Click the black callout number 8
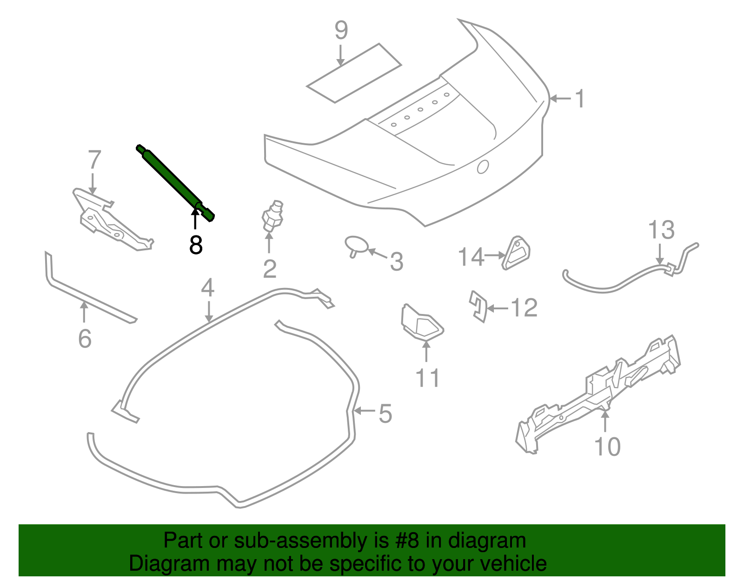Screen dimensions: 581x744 pyautogui.click(x=196, y=245)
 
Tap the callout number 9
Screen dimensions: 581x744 pyautogui.click(x=341, y=30)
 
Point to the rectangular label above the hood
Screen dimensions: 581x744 pyautogui.click(x=354, y=73)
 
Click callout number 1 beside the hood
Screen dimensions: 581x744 pyautogui.click(x=579, y=99)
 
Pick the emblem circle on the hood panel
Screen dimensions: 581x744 pyautogui.click(x=483, y=167)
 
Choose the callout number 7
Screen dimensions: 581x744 pyautogui.click(x=94, y=160)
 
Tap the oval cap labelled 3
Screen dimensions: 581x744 pyautogui.click(x=356, y=245)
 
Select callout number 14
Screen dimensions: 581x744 pyautogui.click(x=471, y=257)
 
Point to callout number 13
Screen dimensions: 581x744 pyautogui.click(x=661, y=230)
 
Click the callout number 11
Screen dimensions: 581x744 pyautogui.click(x=427, y=378)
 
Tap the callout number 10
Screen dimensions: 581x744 pyautogui.click(x=607, y=447)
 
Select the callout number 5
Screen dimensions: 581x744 pyautogui.click(x=385, y=413)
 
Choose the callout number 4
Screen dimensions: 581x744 pyautogui.click(x=208, y=288)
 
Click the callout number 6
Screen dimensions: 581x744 pyautogui.click(x=85, y=338)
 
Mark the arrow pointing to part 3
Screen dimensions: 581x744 pyautogui.click(x=377, y=254)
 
